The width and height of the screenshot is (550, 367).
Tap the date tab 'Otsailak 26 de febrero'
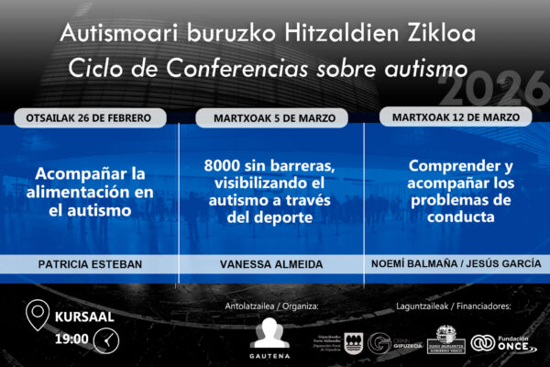tap(90, 118)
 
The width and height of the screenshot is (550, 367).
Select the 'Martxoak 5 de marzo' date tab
tap(272, 118)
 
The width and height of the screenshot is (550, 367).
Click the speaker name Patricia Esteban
tap(90, 263)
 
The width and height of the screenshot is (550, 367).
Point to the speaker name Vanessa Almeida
tap(272, 263)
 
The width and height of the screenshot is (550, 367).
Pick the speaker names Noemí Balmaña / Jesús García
tap(455, 263)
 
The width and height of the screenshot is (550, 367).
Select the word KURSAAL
tap(85, 317)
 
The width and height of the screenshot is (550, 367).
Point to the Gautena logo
tap(269, 337)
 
